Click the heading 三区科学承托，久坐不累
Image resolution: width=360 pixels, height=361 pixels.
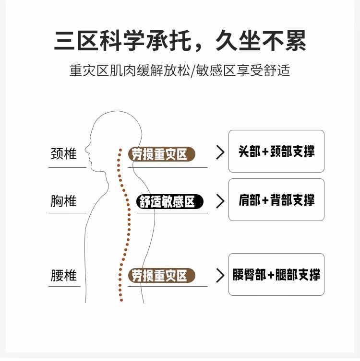(x=180, y=40)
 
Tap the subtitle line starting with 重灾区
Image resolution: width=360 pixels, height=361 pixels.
(x=180, y=70)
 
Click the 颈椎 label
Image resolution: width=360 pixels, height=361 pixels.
(x=64, y=153)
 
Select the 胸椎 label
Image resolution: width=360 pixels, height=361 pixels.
(x=64, y=200)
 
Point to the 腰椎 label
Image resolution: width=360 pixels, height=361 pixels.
(x=64, y=275)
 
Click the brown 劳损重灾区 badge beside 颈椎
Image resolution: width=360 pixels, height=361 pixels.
(x=161, y=154)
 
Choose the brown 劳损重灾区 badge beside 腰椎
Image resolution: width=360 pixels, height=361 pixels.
(x=161, y=276)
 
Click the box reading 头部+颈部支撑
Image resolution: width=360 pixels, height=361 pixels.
(x=276, y=151)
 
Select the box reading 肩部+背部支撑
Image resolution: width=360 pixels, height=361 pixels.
(x=276, y=199)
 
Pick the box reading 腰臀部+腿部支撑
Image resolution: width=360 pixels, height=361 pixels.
(x=276, y=274)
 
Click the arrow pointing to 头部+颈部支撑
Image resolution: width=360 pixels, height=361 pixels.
(x=220, y=152)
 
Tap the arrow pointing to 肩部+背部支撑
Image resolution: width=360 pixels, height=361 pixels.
(x=220, y=201)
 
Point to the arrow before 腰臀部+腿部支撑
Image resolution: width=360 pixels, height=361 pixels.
(x=220, y=275)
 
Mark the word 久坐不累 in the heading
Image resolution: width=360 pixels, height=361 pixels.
(x=261, y=40)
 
